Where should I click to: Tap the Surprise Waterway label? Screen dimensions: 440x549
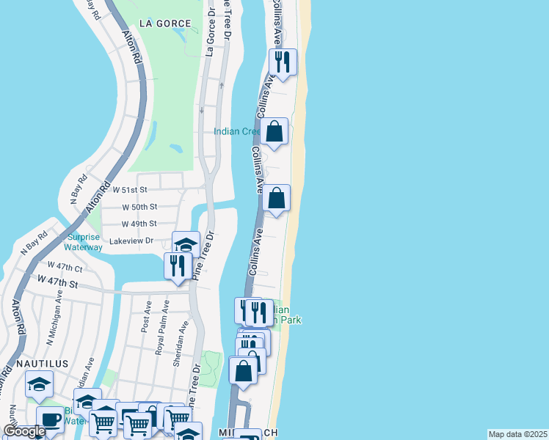(84, 242)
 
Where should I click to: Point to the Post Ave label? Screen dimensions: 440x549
(148, 315)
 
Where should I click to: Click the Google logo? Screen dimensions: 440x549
(24, 431)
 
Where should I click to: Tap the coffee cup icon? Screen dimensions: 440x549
(50, 420)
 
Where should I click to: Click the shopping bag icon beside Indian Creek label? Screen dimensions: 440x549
(274, 133)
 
